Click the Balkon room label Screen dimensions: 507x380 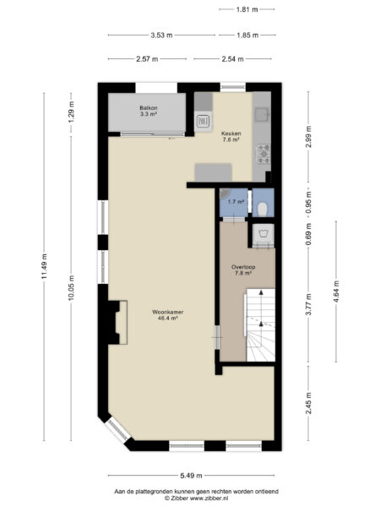coord(148,111)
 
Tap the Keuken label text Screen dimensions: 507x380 coord(231,135)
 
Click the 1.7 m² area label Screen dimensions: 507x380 coord(236,202)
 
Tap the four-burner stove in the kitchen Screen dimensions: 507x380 coord(263,152)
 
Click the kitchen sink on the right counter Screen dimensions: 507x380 coord(263,112)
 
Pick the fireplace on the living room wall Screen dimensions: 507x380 coord(114,322)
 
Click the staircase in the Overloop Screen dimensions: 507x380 coord(259,325)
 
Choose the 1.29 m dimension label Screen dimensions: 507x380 coord(72,112)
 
